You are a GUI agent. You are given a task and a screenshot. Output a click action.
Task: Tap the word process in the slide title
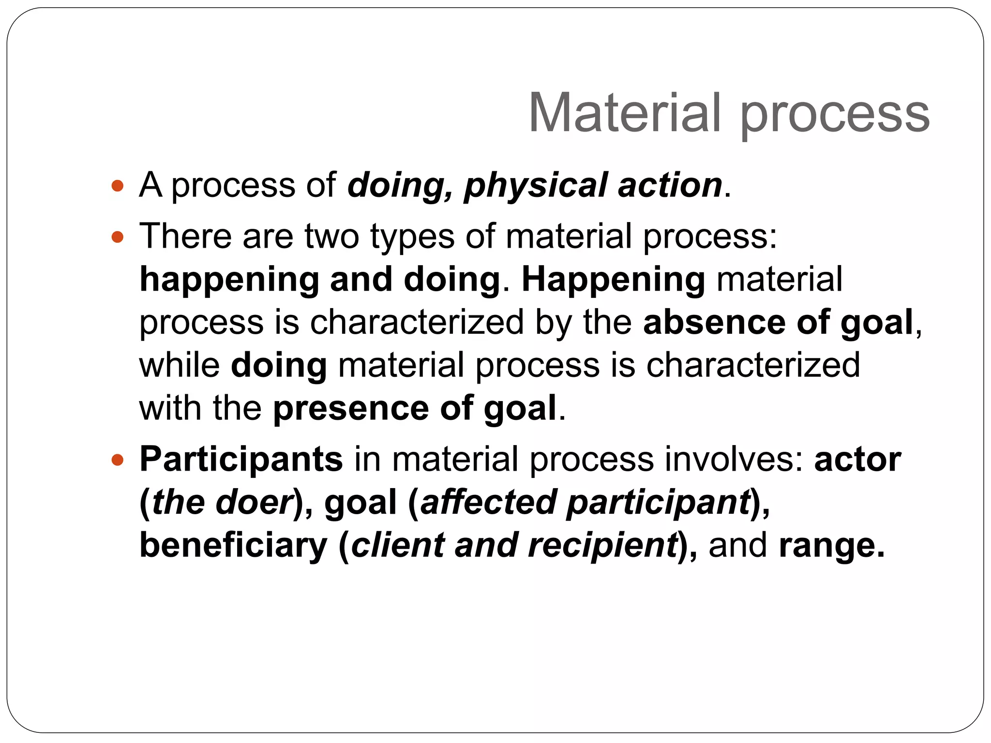pos(834,116)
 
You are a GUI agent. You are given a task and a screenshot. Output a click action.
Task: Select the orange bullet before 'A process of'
pos(117,185)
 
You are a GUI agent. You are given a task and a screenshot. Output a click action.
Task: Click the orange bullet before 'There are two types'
pos(117,237)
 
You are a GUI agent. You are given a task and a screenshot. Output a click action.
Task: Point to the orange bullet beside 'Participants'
pos(117,459)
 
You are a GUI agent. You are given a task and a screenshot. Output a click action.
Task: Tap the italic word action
pos(670,185)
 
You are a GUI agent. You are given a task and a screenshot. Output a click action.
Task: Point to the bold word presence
pos(351,409)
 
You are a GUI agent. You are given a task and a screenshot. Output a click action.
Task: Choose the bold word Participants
pos(241,460)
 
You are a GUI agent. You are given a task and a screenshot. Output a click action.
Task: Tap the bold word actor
pos(857,459)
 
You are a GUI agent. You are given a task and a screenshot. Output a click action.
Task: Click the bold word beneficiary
pos(234,546)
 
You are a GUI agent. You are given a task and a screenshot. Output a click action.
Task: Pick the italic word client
pos(397,545)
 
